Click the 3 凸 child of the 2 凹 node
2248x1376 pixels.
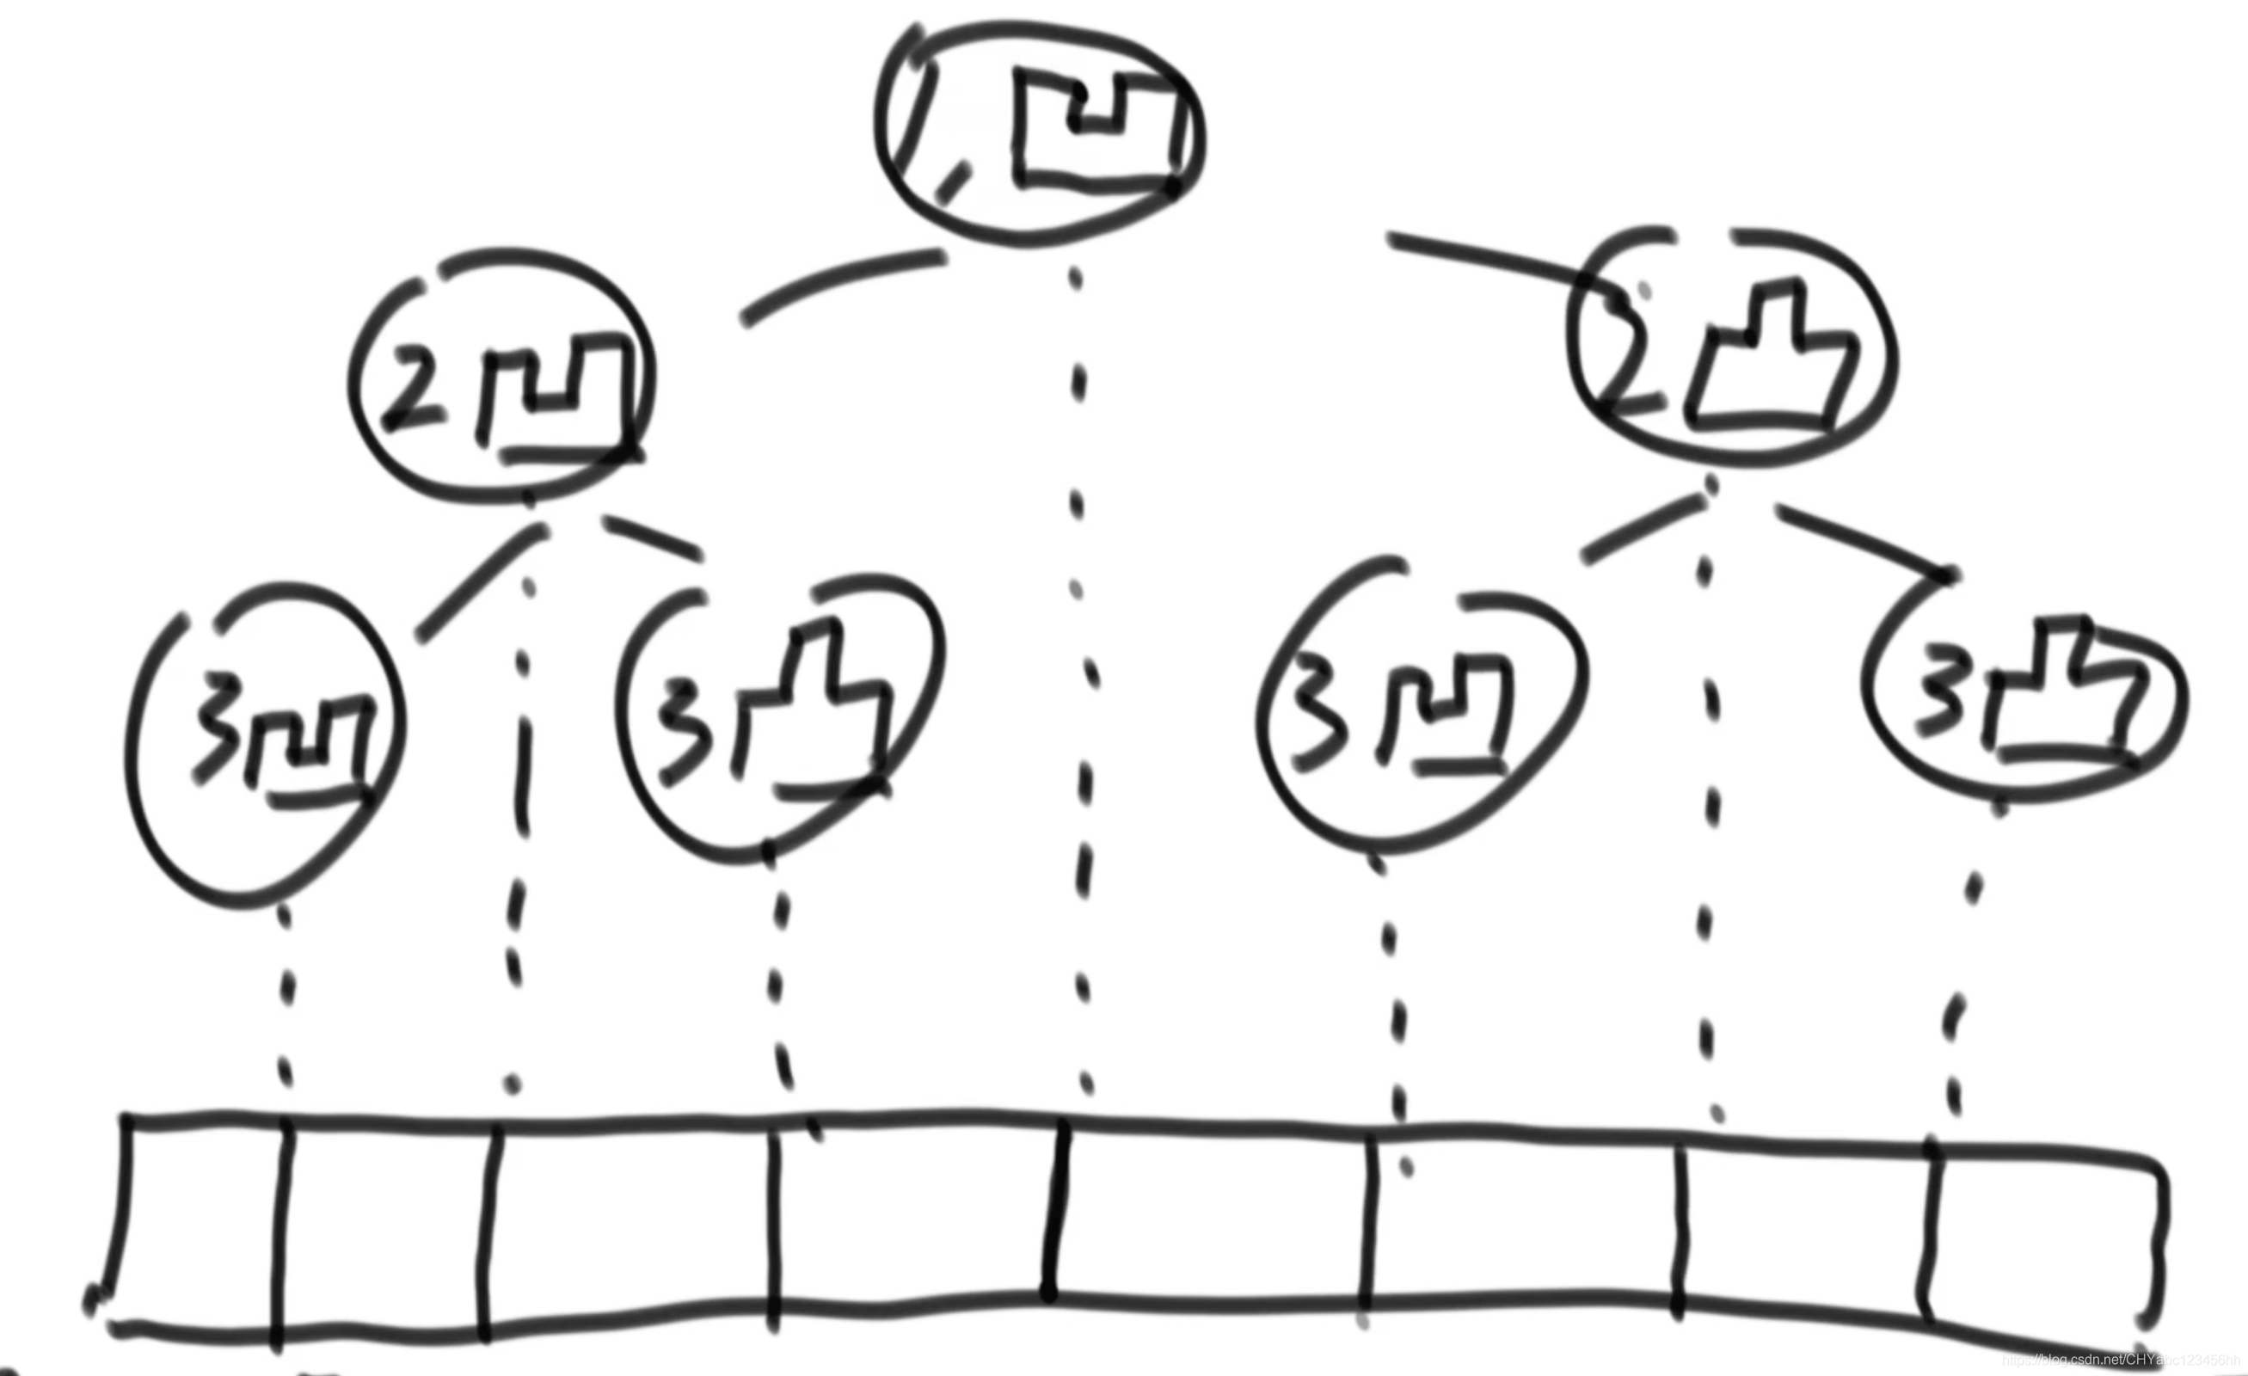780,721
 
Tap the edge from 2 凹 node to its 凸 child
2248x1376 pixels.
653,538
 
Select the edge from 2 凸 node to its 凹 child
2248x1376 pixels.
1643,529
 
